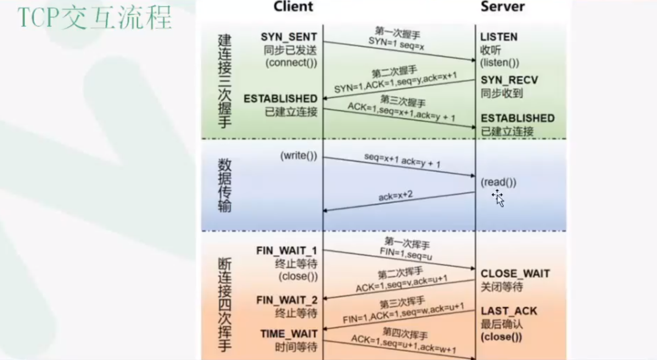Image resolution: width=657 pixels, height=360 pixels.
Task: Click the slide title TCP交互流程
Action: coord(95,18)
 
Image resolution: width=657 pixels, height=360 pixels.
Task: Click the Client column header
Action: coord(293,7)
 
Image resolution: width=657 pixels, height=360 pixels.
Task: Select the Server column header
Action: coord(502,7)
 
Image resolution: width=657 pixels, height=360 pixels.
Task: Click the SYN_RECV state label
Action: coord(509,80)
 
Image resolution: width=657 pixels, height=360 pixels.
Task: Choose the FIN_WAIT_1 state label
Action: coord(287,251)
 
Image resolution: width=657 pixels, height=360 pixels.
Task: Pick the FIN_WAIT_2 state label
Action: coord(287,300)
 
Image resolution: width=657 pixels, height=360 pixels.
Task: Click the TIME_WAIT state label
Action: coord(288,334)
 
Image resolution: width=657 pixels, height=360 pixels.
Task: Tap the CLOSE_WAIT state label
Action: coord(515,274)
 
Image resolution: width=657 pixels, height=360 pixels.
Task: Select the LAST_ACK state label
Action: coord(509,311)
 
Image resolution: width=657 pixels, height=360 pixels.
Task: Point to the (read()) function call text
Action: coord(498,183)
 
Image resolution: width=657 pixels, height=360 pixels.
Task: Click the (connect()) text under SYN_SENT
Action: coord(291,62)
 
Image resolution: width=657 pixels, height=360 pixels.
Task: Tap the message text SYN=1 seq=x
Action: coord(396,42)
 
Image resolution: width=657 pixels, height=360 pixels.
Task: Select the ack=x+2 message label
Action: coord(395,196)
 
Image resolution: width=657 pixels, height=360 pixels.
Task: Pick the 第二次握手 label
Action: coord(394,73)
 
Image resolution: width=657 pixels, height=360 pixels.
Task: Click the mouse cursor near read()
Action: coord(498,197)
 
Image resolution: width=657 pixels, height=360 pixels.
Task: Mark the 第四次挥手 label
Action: coord(405,333)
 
